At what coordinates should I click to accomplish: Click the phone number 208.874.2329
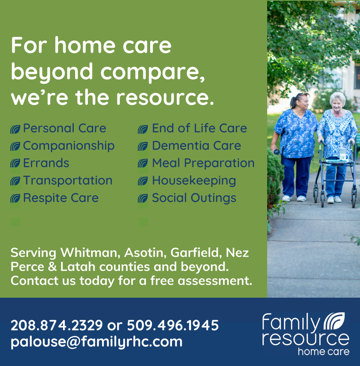(57, 325)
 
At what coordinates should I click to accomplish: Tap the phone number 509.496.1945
(173, 325)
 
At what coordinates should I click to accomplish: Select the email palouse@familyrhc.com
(96, 342)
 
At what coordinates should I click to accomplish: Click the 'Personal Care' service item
(64, 128)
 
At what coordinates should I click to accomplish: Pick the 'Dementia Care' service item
(196, 146)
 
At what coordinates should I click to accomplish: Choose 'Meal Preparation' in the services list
(203, 163)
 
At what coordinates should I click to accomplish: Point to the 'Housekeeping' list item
(194, 181)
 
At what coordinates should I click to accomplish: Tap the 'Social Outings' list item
(194, 198)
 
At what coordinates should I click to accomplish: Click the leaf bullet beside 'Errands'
(15, 163)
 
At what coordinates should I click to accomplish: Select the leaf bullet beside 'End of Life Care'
(143, 129)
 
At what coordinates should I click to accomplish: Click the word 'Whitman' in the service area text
(90, 252)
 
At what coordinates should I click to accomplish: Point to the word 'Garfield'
(196, 252)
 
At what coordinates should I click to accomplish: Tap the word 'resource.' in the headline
(165, 97)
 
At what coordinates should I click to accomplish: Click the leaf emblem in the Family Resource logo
(334, 321)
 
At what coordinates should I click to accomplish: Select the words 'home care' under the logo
(324, 352)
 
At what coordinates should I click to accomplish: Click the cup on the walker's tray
(342, 154)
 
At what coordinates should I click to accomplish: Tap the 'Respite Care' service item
(61, 198)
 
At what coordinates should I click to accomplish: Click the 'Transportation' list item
(68, 181)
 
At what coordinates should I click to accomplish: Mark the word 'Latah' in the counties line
(78, 266)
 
